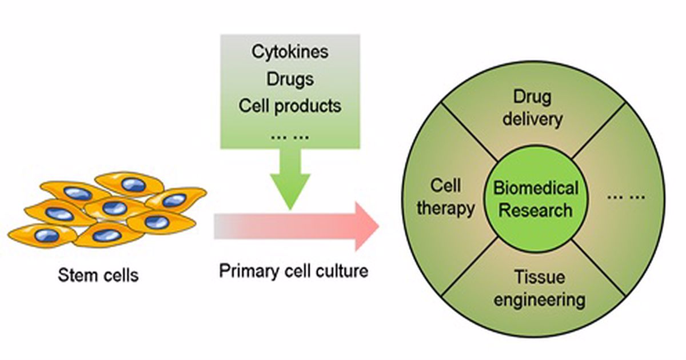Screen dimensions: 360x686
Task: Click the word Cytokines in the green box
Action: (x=290, y=51)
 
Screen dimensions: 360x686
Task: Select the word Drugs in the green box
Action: (x=290, y=78)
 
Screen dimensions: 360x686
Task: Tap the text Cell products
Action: (x=290, y=105)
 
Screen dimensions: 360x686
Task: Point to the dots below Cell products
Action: (x=290, y=136)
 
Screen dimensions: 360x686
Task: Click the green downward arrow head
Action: (x=290, y=191)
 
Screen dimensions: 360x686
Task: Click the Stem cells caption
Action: (x=98, y=275)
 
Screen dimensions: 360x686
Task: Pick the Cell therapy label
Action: (x=446, y=198)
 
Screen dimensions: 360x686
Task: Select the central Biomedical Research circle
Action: (x=536, y=198)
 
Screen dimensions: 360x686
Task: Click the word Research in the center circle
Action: (x=536, y=210)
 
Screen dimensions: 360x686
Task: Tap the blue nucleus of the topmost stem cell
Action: (x=134, y=184)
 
